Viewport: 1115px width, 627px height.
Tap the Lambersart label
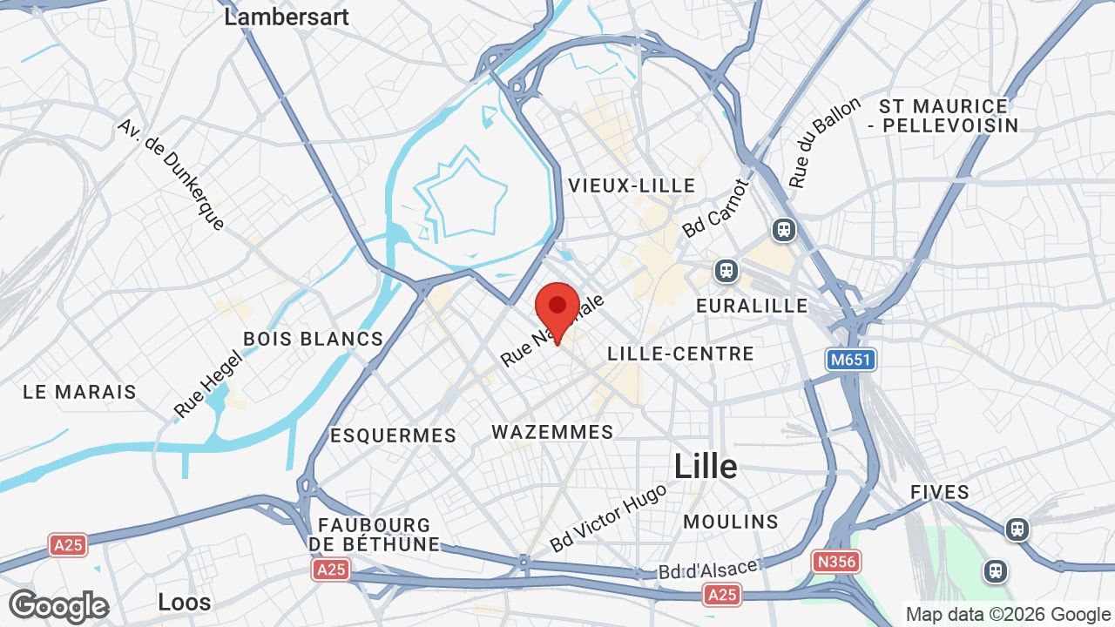(x=287, y=17)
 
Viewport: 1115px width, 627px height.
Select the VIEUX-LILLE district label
(x=632, y=185)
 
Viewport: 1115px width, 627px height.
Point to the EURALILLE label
(x=752, y=307)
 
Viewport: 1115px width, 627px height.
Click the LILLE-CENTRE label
(x=680, y=354)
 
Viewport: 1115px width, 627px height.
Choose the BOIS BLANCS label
(x=313, y=339)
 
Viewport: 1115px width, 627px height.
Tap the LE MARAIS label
(x=79, y=392)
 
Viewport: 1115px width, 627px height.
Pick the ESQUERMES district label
(x=393, y=435)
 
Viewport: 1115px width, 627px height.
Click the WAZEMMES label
(x=552, y=432)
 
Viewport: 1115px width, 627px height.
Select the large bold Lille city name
(x=706, y=467)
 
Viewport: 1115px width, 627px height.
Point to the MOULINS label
(x=731, y=522)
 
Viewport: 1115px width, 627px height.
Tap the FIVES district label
(x=940, y=492)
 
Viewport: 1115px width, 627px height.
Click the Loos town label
(x=185, y=602)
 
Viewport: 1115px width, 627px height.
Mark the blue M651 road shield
(x=850, y=360)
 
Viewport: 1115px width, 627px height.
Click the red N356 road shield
(x=835, y=562)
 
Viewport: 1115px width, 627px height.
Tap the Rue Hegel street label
(x=206, y=384)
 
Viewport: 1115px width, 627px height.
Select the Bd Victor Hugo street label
(x=608, y=517)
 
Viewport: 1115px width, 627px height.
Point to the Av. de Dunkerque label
(x=172, y=175)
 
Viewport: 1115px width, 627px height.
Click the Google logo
(x=58, y=606)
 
